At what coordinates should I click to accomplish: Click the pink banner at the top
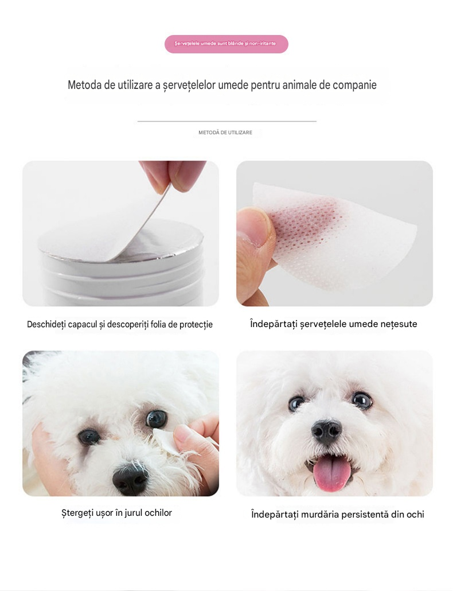point(226,44)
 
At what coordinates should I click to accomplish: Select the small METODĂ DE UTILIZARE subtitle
point(225,133)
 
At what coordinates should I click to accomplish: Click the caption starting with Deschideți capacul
point(120,325)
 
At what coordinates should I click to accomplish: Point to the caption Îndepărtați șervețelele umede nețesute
point(334,324)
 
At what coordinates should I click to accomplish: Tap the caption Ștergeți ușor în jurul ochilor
point(117,513)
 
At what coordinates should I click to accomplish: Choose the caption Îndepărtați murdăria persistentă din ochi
point(337,514)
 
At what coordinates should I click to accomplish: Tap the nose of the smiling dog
point(326,430)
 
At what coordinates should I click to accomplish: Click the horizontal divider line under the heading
point(226,122)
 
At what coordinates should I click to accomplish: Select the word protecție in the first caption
point(196,325)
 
